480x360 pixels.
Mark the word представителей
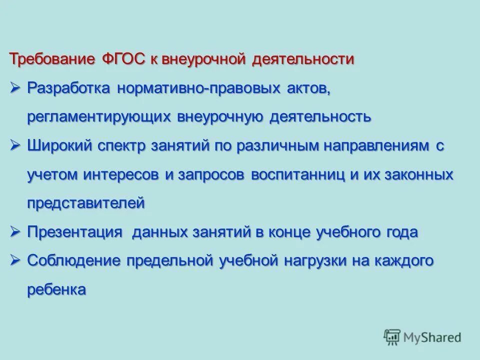tap(86, 203)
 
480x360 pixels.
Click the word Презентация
tap(75, 232)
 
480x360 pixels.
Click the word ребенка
tap(56, 290)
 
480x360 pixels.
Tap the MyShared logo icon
tap(392, 336)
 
